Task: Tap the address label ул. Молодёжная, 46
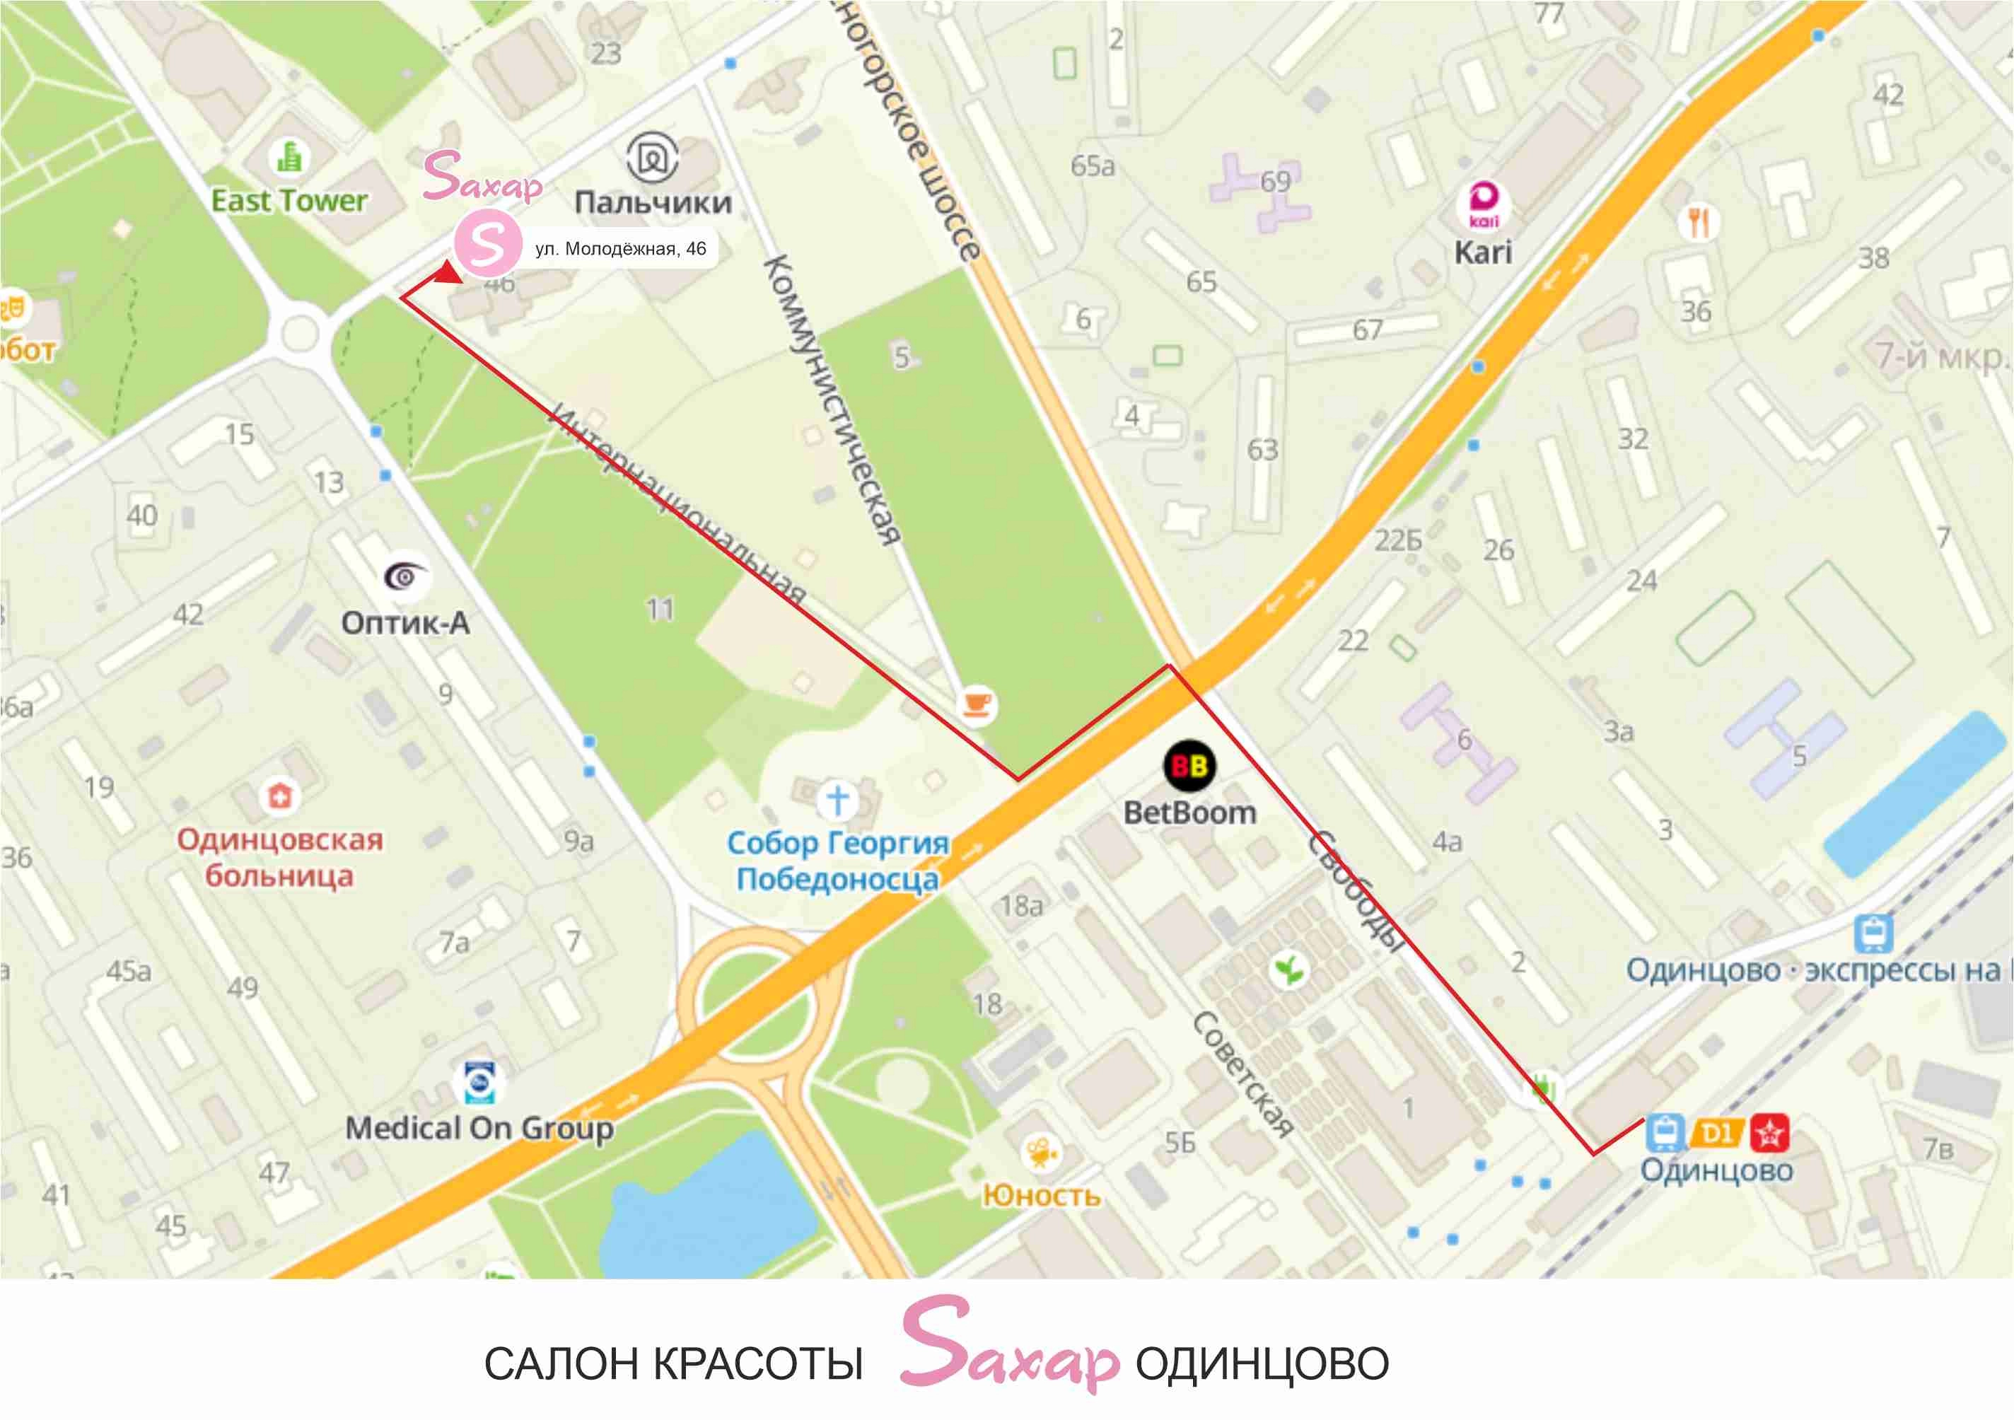pyautogui.click(x=620, y=249)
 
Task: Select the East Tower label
pyautogui.click(x=289, y=201)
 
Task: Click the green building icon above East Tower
pyautogui.click(x=289, y=158)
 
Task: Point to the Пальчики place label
pyautogui.click(x=653, y=203)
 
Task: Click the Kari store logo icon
pyautogui.click(x=1484, y=204)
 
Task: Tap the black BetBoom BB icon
pyautogui.click(x=1189, y=766)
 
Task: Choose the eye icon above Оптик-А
pyautogui.click(x=406, y=576)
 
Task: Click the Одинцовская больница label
pyautogui.click(x=280, y=857)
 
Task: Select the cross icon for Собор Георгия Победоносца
pyautogui.click(x=837, y=799)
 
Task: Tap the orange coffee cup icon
pyautogui.click(x=977, y=704)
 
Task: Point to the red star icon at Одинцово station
pyautogui.click(x=1769, y=1133)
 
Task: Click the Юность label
pyautogui.click(x=1041, y=1194)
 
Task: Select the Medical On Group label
pyautogui.click(x=479, y=1128)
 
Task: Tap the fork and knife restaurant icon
pyautogui.click(x=1699, y=222)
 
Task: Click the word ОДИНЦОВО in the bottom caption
pyautogui.click(x=1262, y=1363)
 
